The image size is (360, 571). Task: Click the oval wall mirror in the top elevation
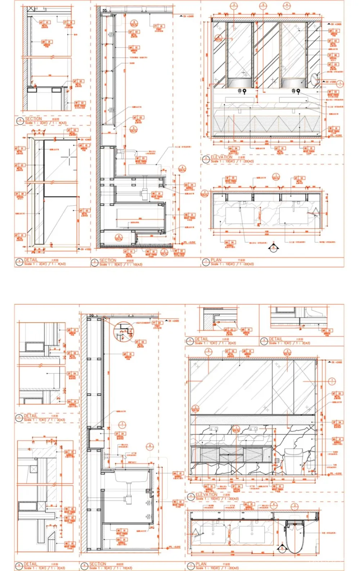[316, 80]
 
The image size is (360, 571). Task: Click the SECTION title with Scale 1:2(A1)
[33, 118]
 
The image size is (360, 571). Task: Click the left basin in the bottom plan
[213, 534]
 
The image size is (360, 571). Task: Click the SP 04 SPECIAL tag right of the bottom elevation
[337, 423]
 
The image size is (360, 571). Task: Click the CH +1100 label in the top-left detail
[86, 249]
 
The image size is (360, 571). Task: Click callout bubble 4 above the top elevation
[287, 5]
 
